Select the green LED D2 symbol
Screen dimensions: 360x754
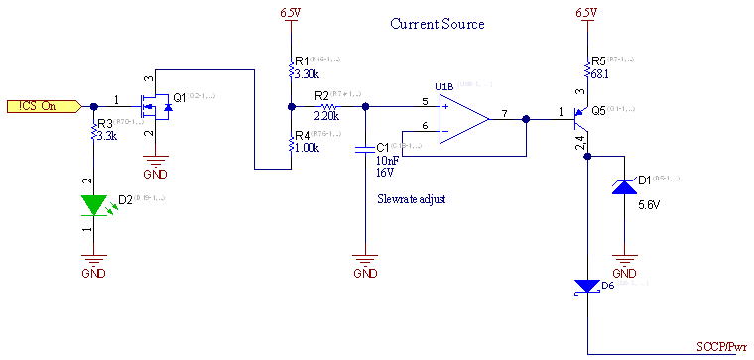click(94, 204)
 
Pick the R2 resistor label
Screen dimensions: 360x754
click(321, 95)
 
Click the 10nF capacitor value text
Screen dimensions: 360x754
click(387, 159)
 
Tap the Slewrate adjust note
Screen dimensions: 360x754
click(411, 199)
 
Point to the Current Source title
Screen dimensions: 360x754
click(437, 24)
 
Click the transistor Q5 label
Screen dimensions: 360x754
click(599, 111)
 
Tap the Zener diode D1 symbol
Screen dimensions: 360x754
click(623, 187)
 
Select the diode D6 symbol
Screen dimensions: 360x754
click(588, 287)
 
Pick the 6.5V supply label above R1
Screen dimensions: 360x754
click(290, 13)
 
